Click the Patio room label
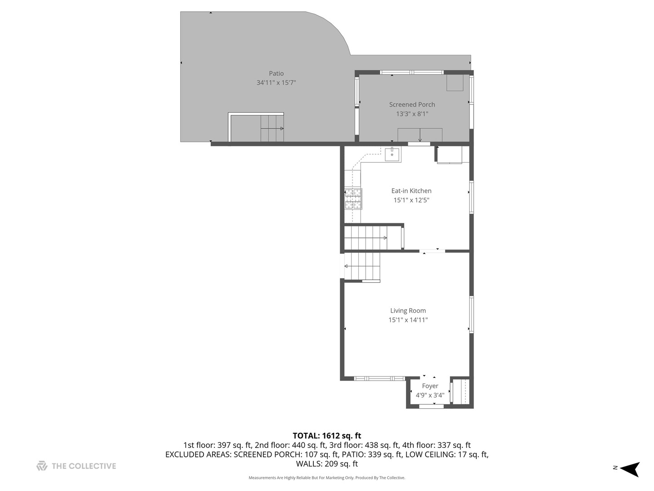[x=276, y=74]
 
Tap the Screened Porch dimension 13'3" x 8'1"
[x=412, y=114]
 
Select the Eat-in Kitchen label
[x=411, y=191]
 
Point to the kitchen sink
[x=392, y=154]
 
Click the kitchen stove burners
[x=353, y=199]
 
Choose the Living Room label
[x=408, y=311]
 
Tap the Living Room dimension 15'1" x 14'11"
[x=408, y=320]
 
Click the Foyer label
[x=430, y=386]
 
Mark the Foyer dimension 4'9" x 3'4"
[x=430, y=395]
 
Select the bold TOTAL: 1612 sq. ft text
[x=327, y=436]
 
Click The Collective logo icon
[x=42, y=466]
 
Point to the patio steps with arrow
[x=272, y=128]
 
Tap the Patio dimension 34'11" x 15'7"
[x=276, y=83]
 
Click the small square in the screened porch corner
[x=455, y=83]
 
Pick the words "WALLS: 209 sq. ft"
[x=327, y=464]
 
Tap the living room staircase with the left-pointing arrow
[x=362, y=266]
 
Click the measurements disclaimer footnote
[x=327, y=478]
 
